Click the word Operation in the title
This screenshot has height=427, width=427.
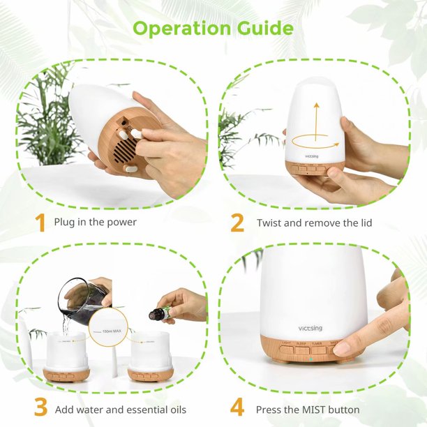[181, 29]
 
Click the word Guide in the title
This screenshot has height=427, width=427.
[263, 29]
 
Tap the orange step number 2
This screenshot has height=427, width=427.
[237, 223]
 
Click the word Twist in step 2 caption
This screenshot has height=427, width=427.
[269, 223]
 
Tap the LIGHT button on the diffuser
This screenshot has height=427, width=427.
[287, 345]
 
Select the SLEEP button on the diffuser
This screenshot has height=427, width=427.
[301, 345]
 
